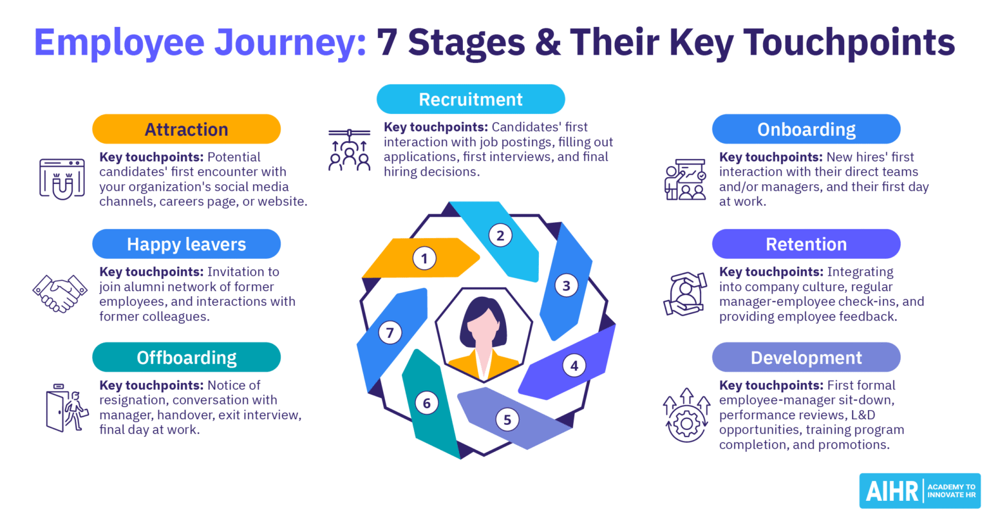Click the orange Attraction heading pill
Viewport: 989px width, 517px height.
click(x=186, y=129)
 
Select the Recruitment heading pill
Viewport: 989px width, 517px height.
click(x=471, y=99)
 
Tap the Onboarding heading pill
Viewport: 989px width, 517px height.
click(x=806, y=129)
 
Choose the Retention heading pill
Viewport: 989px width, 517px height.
click(x=806, y=244)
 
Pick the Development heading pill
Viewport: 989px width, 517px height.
click(x=806, y=357)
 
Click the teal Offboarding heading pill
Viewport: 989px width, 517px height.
click(x=186, y=357)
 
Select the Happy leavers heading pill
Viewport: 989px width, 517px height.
click(x=186, y=244)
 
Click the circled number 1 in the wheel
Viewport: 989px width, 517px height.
click(x=424, y=259)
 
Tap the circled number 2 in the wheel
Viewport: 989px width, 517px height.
click(x=500, y=235)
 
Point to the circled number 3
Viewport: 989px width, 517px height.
click(x=567, y=285)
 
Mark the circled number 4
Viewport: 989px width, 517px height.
click(x=574, y=366)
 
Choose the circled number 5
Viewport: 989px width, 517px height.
click(x=507, y=420)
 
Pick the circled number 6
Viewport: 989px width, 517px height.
click(x=427, y=404)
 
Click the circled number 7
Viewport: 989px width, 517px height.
click(x=390, y=333)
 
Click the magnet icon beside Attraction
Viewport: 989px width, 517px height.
click(x=62, y=178)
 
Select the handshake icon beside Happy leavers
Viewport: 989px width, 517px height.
click(x=60, y=293)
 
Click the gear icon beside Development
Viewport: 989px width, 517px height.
click(x=686, y=422)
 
